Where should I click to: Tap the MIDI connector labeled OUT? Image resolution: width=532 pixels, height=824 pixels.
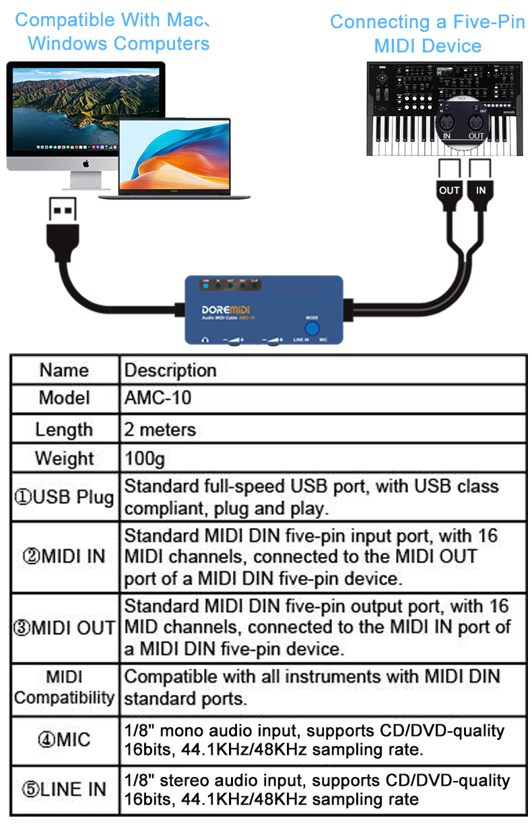click(x=449, y=190)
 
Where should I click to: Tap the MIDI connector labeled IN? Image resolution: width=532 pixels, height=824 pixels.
click(x=480, y=190)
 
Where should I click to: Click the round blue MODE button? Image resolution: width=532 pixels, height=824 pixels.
click(x=312, y=328)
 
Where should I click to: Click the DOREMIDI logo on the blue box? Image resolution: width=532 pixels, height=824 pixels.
click(x=226, y=309)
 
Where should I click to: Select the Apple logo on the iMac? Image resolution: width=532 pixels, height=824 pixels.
click(x=86, y=163)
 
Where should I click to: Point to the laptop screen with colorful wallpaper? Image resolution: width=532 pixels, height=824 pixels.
click(x=174, y=153)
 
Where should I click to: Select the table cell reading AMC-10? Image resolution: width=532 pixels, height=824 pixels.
click(x=158, y=398)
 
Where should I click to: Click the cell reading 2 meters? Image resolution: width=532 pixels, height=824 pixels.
click(x=160, y=428)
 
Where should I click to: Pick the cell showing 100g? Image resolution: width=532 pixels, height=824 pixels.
click(x=145, y=459)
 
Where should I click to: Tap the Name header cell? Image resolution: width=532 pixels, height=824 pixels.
click(x=64, y=370)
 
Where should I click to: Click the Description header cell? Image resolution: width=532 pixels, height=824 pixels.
click(x=170, y=370)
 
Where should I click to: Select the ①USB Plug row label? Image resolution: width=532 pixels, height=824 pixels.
click(x=64, y=497)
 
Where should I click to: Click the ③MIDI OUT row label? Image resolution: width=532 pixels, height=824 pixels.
click(x=64, y=628)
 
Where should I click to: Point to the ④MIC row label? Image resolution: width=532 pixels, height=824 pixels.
click(x=64, y=740)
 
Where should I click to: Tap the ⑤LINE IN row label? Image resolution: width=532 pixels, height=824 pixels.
click(x=64, y=789)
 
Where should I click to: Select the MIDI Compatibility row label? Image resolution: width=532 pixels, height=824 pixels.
click(x=64, y=687)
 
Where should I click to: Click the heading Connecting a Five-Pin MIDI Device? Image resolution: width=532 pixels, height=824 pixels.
click(x=428, y=34)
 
